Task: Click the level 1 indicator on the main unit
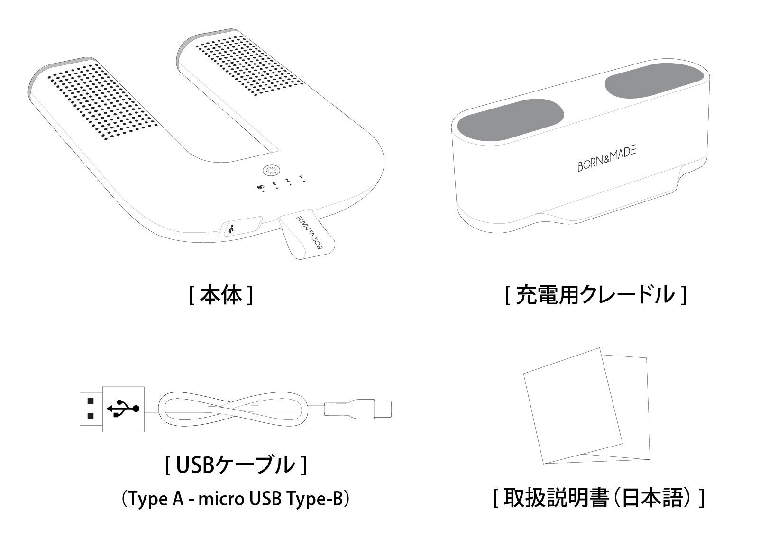tap(302, 178)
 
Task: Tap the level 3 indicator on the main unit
tap(275, 185)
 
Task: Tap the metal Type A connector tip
tap(91, 409)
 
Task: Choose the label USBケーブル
tap(236, 465)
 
